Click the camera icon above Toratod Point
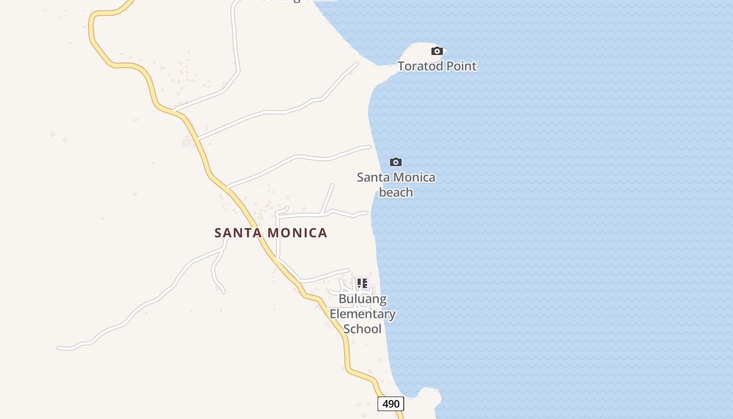437,51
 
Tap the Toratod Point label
437,66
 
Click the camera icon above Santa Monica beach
396,162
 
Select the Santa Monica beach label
396,184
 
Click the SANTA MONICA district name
271,233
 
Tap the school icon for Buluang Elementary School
362,284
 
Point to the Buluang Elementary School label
362,314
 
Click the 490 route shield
391,404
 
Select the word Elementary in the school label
362,314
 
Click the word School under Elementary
362,329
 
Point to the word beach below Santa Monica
396,192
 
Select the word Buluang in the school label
362,299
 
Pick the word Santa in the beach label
373,177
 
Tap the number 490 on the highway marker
391,404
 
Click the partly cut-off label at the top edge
298,1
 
